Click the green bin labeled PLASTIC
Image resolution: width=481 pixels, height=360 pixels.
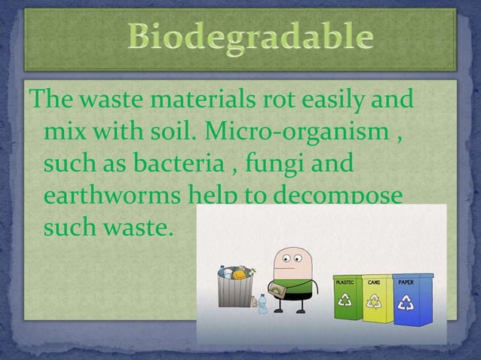[348, 302]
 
